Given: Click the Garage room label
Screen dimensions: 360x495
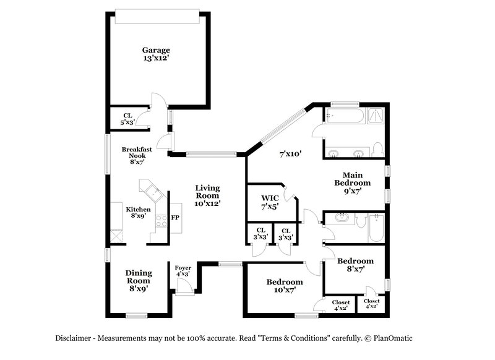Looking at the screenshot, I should pos(156,54).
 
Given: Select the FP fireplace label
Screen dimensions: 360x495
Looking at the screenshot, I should pos(175,218).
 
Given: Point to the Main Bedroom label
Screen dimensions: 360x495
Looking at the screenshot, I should pos(352,182).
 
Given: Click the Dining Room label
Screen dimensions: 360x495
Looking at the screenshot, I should pos(139,280).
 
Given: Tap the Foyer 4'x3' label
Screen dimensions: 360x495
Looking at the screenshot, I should pos(183,270).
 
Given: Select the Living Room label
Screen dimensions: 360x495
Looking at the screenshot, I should pos(208,195).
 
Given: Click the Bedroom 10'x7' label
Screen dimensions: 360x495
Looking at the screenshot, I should pos(285,286).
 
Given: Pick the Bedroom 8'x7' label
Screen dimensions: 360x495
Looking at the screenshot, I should pos(355,265).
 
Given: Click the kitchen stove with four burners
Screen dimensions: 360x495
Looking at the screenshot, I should pos(161,221).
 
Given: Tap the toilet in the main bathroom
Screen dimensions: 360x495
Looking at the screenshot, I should pos(379,149).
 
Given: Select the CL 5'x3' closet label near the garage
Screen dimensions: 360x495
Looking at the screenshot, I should pos(127,119).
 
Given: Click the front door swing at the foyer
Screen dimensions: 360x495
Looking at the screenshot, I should pos(183,285).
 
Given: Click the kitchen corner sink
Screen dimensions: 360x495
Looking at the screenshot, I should pos(150,189).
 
